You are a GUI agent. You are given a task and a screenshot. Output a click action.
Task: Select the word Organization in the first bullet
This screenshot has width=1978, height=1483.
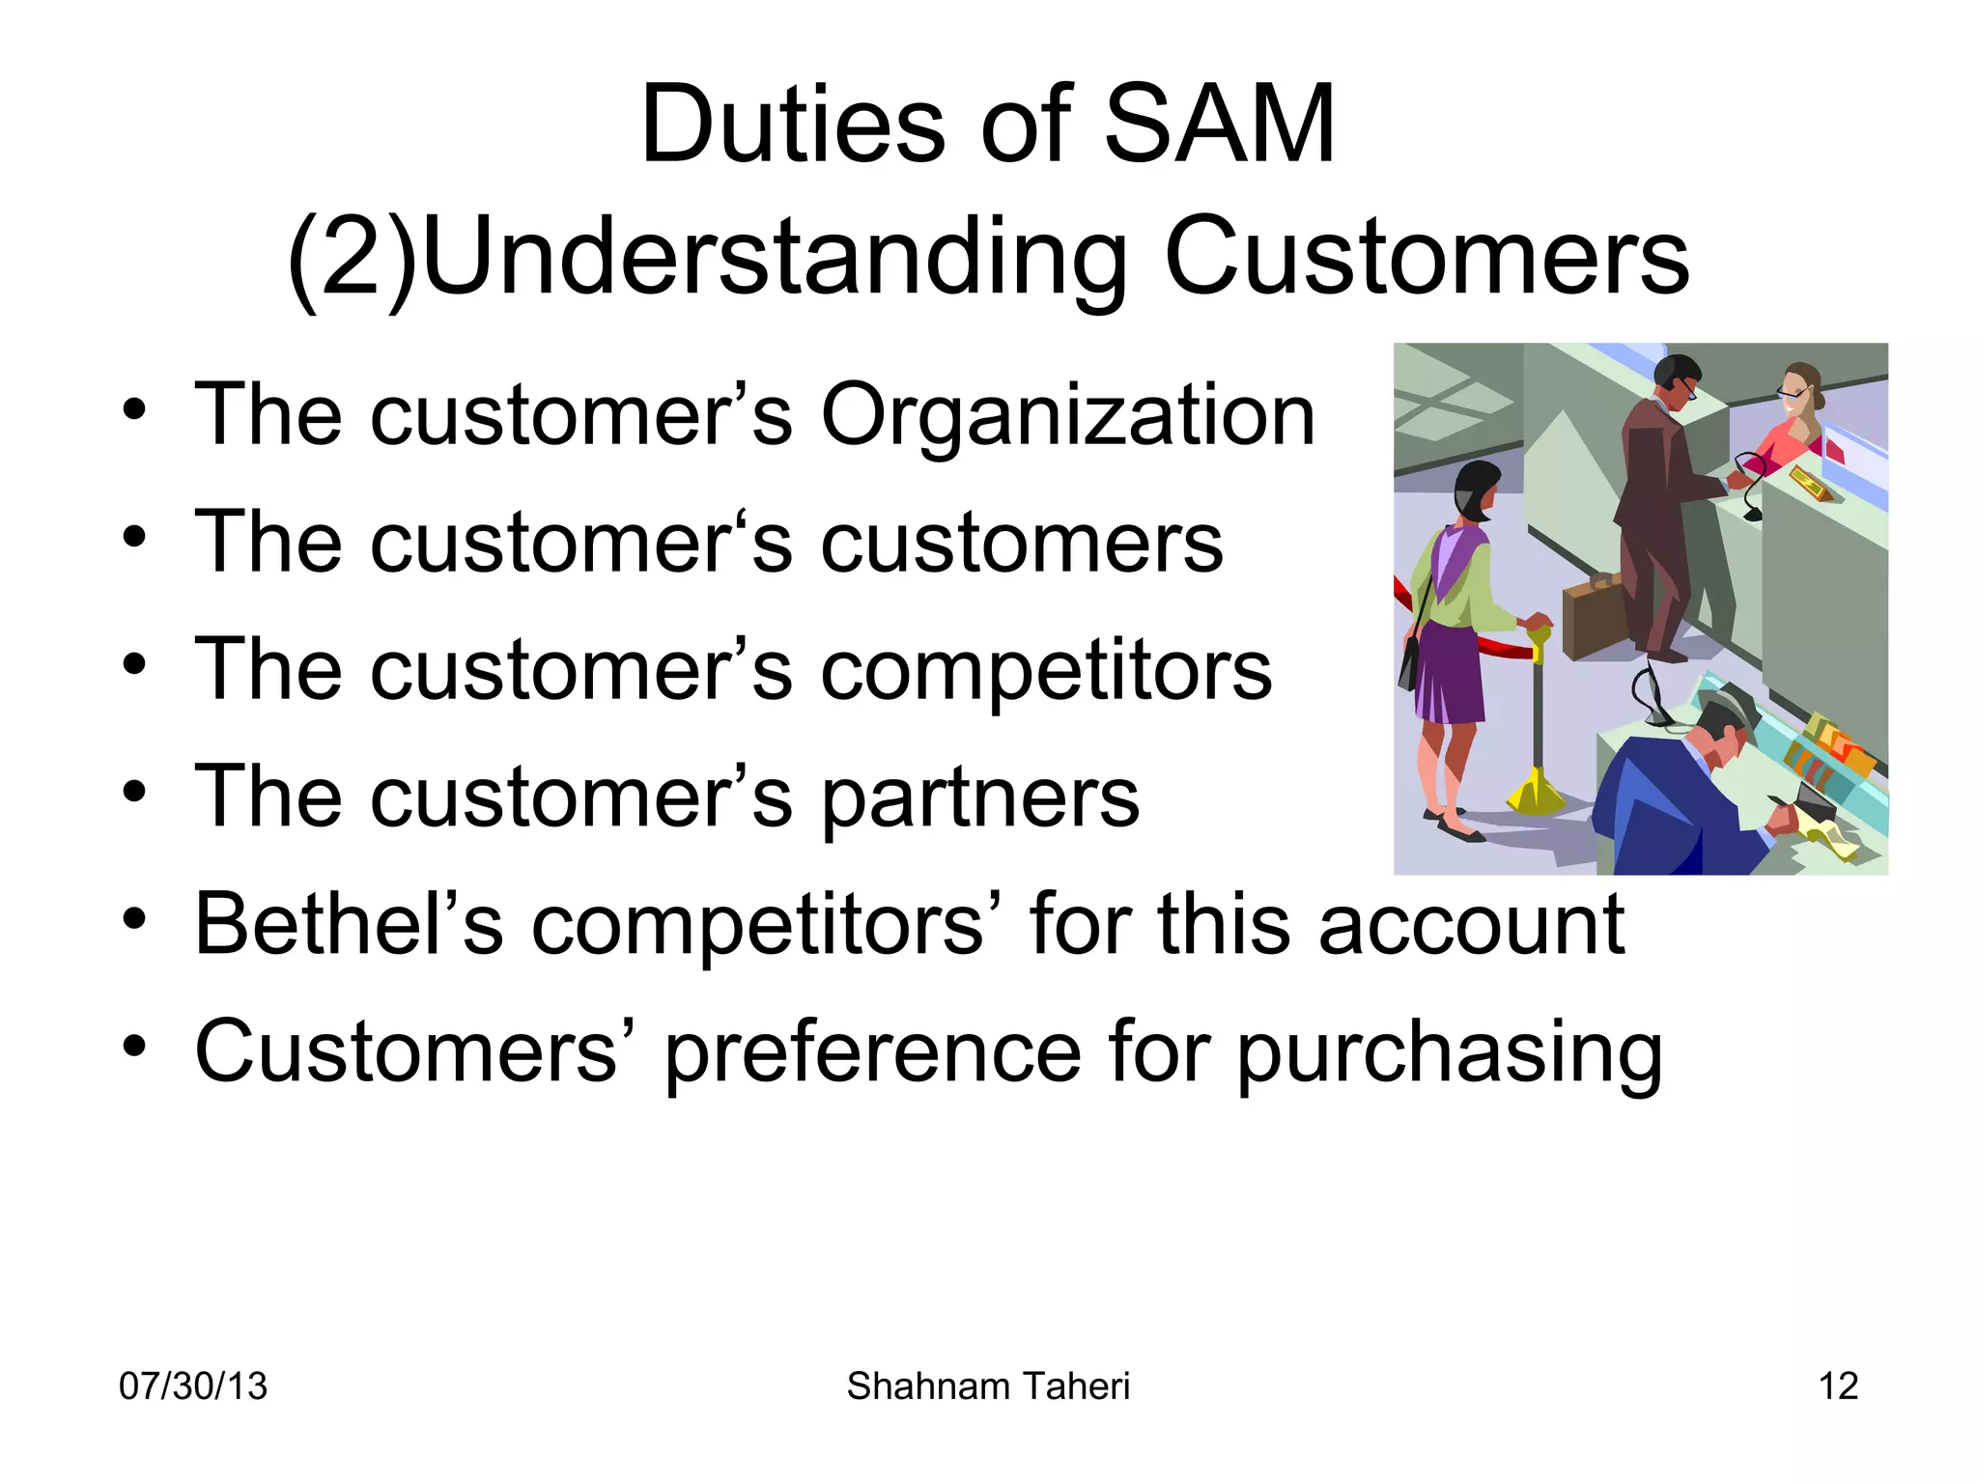[x=1067, y=415]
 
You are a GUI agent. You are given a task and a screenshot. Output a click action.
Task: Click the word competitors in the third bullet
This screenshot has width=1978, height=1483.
[x=1046, y=671]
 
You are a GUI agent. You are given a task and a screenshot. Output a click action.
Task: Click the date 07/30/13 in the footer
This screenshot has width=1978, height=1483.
[x=192, y=1386]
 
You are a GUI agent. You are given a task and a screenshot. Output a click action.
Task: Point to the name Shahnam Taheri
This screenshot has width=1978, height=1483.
[x=988, y=1386]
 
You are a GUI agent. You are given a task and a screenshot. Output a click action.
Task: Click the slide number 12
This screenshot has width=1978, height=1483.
[x=1837, y=1386]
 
